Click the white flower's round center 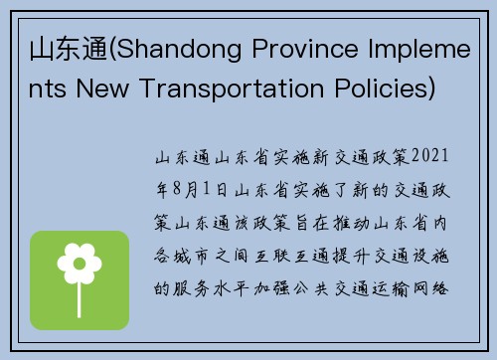click(x=80, y=265)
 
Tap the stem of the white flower click(x=80, y=293)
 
